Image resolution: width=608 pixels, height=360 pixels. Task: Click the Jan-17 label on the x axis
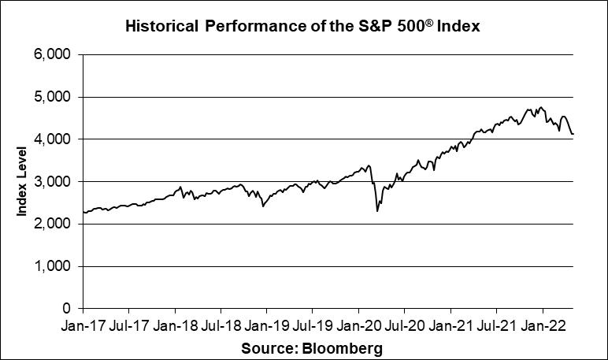pos(83,325)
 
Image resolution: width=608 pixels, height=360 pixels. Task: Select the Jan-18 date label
pos(175,325)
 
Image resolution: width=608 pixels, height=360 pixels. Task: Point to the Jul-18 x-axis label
pos(221,325)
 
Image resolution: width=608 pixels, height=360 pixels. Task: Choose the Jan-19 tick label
pos(266,325)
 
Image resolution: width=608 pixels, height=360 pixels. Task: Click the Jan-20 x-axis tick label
pos(358,325)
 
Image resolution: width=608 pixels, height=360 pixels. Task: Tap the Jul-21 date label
pos(496,325)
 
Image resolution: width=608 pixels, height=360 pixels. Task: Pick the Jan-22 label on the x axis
pos(543,325)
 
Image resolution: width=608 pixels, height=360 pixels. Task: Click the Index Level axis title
pos(23,182)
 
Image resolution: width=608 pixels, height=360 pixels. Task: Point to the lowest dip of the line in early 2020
pos(377,211)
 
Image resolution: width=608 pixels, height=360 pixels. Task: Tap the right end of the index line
pos(573,135)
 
